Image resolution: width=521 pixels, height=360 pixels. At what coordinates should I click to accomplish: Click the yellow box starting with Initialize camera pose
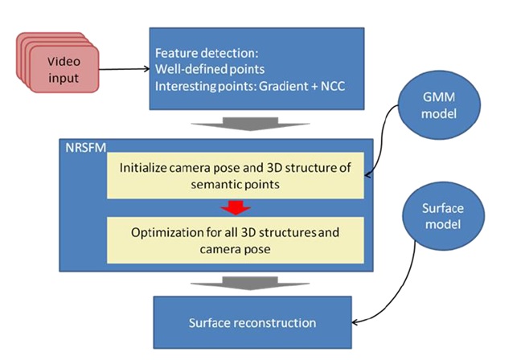[x=236, y=177]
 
